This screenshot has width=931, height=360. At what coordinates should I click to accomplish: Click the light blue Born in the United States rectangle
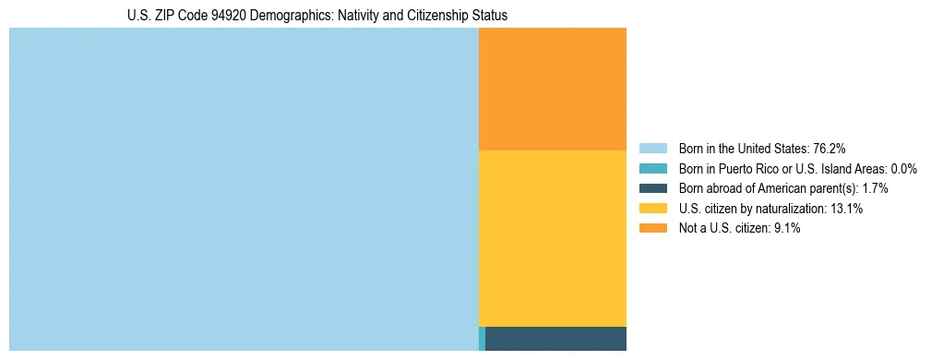tap(244, 189)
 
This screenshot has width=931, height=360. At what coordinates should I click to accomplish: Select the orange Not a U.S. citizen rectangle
tap(552, 89)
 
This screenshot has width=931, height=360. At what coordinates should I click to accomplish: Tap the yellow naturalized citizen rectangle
tap(552, 238)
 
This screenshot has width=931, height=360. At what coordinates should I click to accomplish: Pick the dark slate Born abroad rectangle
tap(555, 339)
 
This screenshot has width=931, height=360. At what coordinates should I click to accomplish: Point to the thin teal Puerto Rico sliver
tap(482, 339)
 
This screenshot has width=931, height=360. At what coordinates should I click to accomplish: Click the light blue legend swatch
tap(652, 149)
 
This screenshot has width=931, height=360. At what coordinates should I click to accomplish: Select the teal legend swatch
tap(652, 169)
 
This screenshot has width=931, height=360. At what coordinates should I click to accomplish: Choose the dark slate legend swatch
tap(652, 188)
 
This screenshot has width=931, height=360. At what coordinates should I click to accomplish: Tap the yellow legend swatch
tap(652, 209)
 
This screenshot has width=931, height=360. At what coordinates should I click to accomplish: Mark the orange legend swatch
tap(652, 229)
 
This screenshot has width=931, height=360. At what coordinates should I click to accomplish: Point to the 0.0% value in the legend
tap(903, 169)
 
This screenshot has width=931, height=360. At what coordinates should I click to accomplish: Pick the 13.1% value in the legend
tap(846, 209)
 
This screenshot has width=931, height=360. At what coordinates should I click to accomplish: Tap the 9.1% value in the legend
tap(785, 229)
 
